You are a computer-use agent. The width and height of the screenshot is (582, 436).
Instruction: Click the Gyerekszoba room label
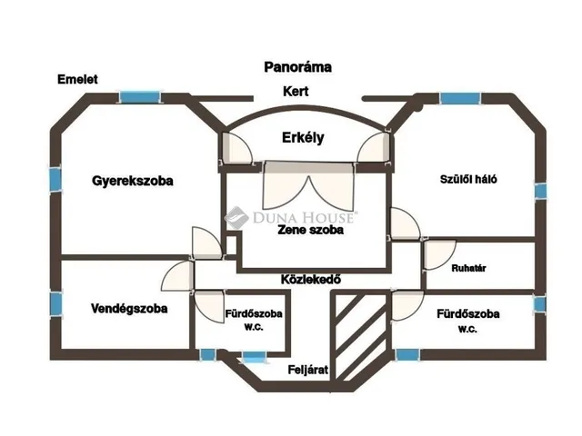coord(133,181)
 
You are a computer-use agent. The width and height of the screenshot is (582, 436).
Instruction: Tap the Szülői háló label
coord(468,179)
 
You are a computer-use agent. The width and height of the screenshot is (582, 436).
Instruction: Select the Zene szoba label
coord(310,230)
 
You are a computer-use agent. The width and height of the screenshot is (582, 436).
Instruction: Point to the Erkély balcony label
coord(303,137)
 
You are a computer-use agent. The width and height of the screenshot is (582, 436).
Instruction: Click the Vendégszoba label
coord(129,309)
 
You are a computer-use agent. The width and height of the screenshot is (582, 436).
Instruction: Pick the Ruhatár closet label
coord(468,268)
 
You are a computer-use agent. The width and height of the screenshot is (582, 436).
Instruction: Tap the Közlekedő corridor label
coord(311,279)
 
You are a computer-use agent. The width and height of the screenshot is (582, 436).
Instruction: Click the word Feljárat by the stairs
coord(308,370)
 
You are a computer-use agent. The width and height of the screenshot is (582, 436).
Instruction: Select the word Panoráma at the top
coord(297,67)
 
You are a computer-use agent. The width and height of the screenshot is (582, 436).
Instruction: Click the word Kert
coord(296,91)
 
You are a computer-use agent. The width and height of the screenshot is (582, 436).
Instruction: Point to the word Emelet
coord(77,79)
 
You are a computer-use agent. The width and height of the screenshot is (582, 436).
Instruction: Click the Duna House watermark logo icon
coord(236,218)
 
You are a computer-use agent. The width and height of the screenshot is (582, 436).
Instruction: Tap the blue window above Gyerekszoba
coord(139,97)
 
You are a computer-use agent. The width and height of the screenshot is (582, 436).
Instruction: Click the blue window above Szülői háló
coord(460,98)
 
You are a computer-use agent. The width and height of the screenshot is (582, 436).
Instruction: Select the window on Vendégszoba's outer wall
coord(55,304)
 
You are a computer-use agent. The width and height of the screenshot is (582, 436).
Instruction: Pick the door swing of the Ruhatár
coord(439,255)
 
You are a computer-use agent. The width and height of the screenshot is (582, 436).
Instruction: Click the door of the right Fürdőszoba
coord(407,305)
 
